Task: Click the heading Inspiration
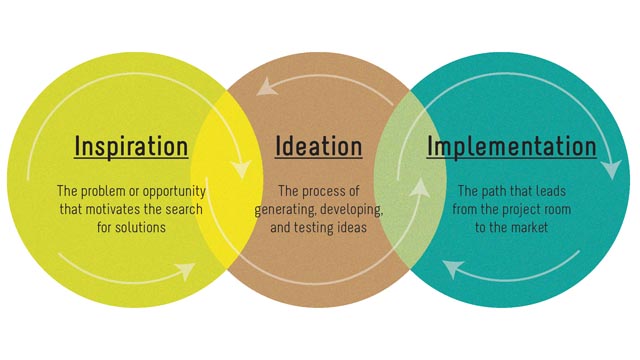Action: [131, 146]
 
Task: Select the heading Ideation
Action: [318, 146]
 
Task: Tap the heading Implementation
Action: [512, 146]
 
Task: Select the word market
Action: [537, 227]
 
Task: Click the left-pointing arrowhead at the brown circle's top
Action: [265, 87]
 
